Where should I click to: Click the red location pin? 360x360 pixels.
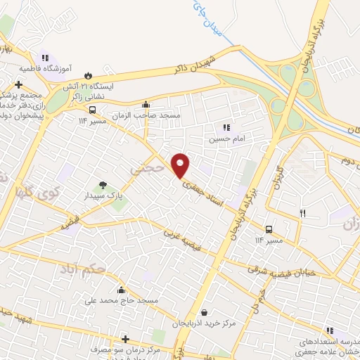click(x=181, y=165)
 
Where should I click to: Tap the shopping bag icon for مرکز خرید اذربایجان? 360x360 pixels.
click(x=204, y=313)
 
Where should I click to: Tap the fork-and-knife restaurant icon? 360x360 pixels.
click(x=303, y=213)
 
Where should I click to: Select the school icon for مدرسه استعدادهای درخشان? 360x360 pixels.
click(x=329, y=330)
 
